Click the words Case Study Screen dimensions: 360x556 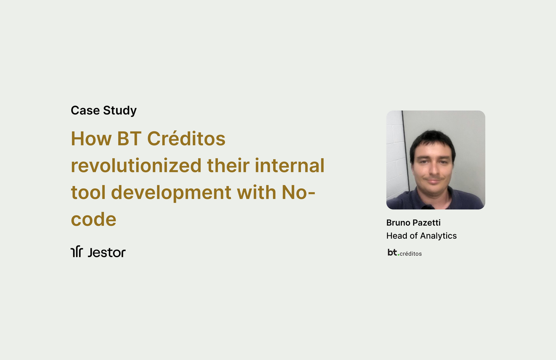[x=103, y=111]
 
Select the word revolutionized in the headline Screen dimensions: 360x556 [x=136, y=165]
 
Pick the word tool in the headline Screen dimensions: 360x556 [x=88, y=192]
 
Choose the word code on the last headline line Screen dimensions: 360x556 [x=93, y=219]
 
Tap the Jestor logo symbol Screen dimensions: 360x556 [x=76, y=252]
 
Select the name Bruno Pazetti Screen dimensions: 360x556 [x=413, y=223]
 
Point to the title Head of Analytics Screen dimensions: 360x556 [x=421, y=236]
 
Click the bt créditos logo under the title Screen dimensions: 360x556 [x=404, y=253]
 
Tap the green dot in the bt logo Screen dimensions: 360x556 [x=398, y=254]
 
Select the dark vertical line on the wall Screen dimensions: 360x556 [x=403, y=148]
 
